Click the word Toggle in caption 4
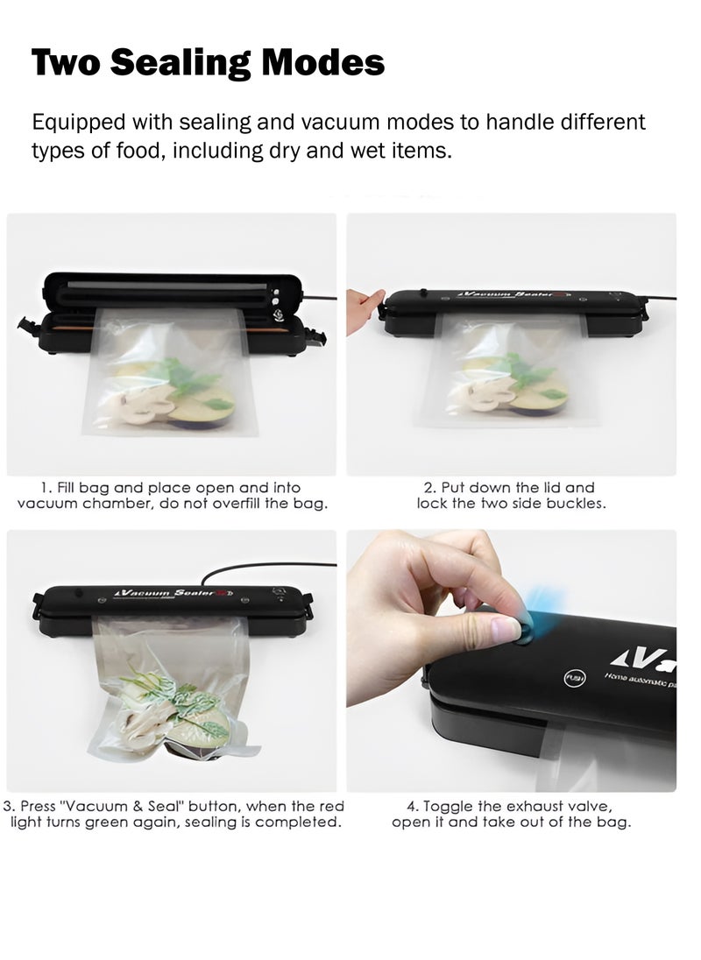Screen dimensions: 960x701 point(457,806)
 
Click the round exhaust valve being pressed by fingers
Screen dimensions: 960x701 point(524,630)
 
